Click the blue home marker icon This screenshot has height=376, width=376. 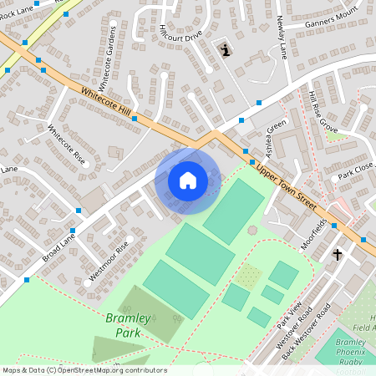click(x=187, y=180)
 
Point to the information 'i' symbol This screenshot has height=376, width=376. click(x=225, y=51)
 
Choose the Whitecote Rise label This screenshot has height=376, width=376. click(x=67, y=145)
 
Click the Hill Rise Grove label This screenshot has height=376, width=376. click(x=321, y=112)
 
